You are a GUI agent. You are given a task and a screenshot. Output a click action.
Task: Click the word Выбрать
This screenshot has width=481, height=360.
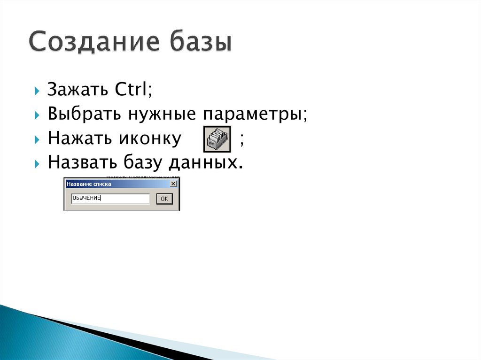click(76, 115)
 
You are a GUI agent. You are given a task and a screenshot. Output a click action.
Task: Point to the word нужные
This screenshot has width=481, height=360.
click(146, 115)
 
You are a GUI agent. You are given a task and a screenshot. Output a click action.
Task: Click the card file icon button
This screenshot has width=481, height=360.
click(217, 139)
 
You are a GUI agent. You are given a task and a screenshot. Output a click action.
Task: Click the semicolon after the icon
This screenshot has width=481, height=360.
click(241, 139)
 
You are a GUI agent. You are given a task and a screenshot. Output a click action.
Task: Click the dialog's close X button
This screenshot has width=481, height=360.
click(173, 184)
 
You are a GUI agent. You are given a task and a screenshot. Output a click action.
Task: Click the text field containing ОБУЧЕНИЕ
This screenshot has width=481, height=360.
click(110, 199)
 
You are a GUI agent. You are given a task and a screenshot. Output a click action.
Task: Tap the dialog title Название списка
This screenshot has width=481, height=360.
click(89, 184)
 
